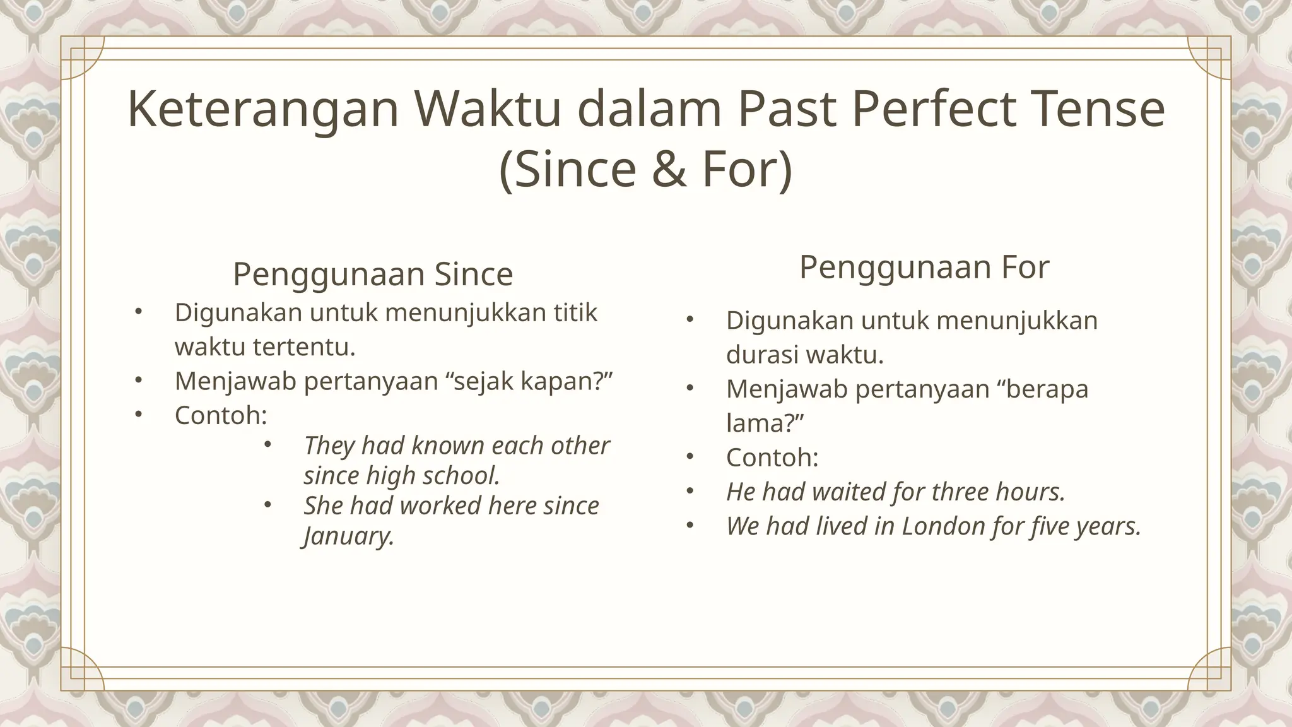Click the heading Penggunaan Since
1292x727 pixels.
click(x=373, y=274)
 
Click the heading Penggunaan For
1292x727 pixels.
click(x=924, y=266)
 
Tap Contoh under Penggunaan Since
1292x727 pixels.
click(x=221, y=415)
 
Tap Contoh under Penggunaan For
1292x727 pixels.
click(x=772, y=457)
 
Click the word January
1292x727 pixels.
click(x=349, y=536)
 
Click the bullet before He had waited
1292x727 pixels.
click(x=690, y=491)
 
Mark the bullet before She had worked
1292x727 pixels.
click(x=267, y=505)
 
